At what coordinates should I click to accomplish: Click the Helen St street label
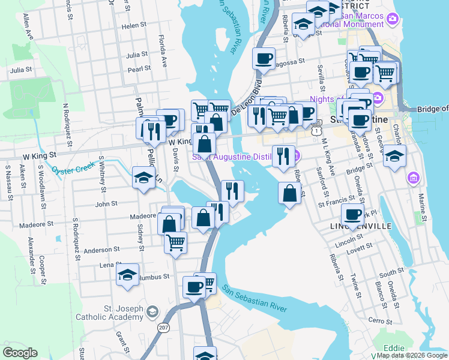[134, 26]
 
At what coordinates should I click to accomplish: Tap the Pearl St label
[139, 69]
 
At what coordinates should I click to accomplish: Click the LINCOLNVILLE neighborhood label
[360, 226]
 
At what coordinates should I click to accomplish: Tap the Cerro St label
[381, 322]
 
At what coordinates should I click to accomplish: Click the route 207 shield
[164, 328]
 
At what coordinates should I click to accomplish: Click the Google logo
[20, 353]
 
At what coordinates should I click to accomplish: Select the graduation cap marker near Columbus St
[128, 275]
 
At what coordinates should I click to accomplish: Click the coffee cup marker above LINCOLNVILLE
[352, 214]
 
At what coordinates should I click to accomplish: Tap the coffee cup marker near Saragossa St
[264, 58]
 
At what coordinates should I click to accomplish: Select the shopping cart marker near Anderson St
[175, 243]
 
